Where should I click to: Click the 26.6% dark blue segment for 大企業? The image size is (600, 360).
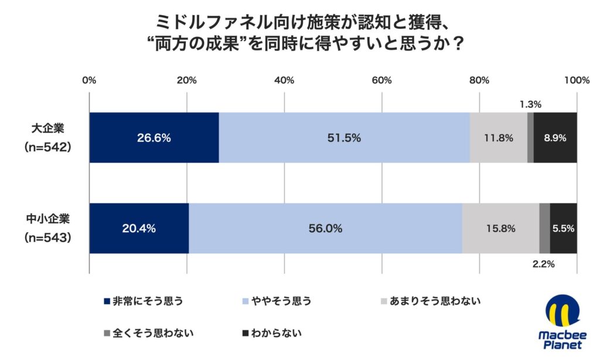[x=154, y=138]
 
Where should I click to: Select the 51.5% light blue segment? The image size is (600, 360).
[x=344, y=138]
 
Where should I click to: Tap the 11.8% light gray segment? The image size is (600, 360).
[x=498, y=138]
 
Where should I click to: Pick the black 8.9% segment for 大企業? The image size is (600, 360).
[x=555, y=138]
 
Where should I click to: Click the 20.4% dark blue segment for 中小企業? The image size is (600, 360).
[x=139, y=229]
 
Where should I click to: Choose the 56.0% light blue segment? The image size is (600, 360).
[x=325, y=229]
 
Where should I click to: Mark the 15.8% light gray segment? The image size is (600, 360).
[x=500, y=229]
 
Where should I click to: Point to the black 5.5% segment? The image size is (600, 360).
[x=564, y=229]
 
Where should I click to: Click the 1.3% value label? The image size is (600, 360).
[x=530, y=105]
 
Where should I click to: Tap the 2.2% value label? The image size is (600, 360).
[x=544, y=264]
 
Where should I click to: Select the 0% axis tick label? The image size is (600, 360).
[x=89, y=80]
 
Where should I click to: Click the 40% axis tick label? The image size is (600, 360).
[x=284, y=80]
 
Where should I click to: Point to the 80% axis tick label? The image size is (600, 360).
[x=479, y=80]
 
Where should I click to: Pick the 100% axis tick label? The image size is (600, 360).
[x=577, y=80]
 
